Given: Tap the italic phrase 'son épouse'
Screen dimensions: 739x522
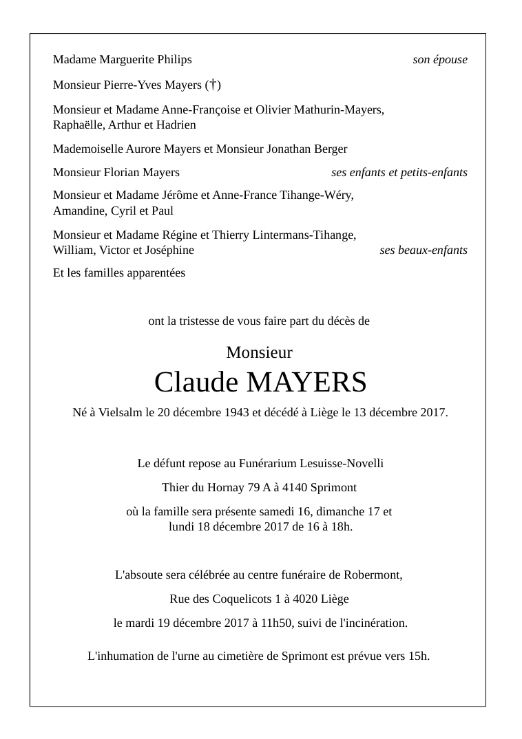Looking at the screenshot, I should click(440, 60).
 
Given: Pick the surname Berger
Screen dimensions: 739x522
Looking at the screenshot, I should click(330, 149).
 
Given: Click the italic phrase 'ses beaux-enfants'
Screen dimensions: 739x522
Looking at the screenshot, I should click(424, 250).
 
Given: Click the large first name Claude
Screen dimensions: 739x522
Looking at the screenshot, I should click(196, 382).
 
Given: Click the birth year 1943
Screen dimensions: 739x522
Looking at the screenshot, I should click(228, 413).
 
